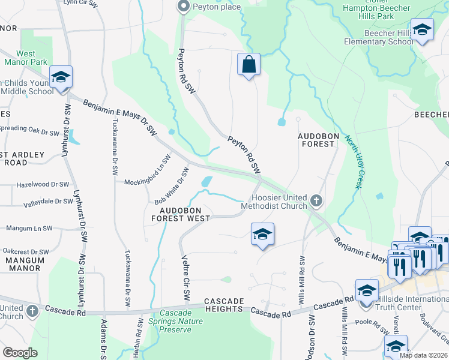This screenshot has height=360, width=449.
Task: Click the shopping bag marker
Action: click(249, 64)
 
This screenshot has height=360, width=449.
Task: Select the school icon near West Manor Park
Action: click(61, 78)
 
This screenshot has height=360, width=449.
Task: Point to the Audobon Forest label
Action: click(316, 140)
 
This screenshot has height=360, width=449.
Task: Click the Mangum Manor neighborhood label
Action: click(25, 265)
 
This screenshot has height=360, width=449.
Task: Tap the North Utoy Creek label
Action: click(352, 161)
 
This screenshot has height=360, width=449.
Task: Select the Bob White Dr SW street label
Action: click(172, 186)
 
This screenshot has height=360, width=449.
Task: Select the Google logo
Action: click(20, 352)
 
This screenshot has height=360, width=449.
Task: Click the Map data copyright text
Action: click(423, 355)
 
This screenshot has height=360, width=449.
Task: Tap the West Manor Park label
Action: click(26, 58)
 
